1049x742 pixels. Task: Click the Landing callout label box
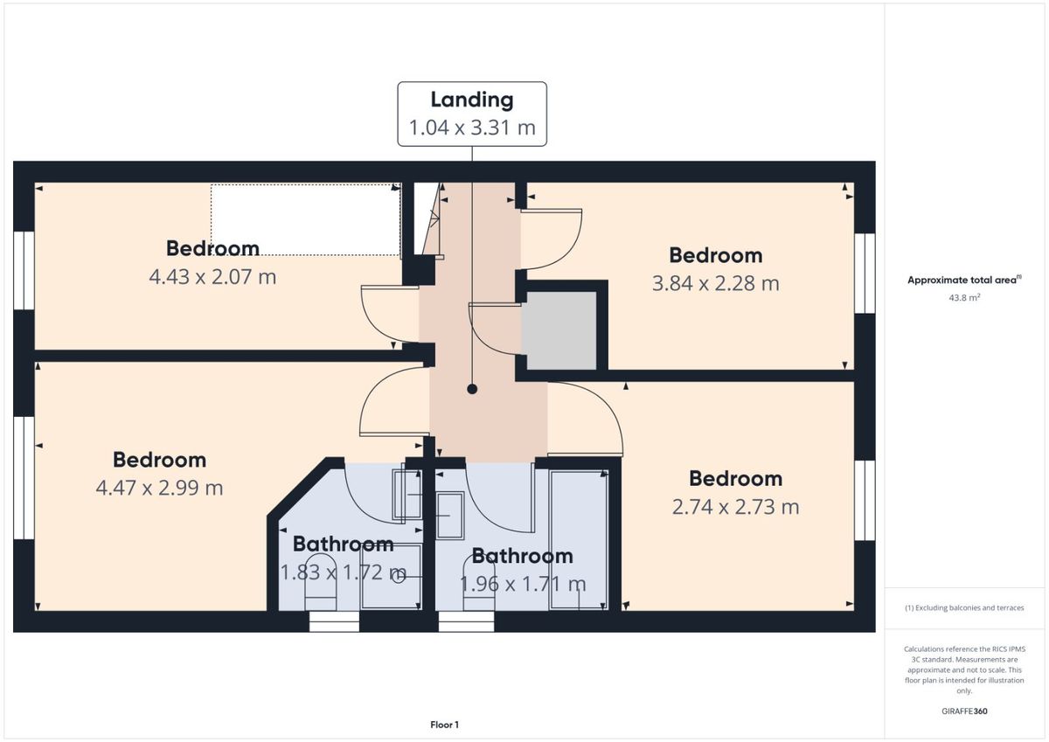[472, 114]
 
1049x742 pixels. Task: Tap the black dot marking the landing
[472, 389]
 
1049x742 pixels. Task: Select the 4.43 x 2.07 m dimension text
[212, 277]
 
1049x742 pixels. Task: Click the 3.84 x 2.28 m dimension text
[716, 283]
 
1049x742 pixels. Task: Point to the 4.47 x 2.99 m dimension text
[159, 488]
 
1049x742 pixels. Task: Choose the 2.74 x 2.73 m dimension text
[735, 507]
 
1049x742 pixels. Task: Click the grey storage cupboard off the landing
[559, 330]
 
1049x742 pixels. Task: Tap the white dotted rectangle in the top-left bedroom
[306, 219]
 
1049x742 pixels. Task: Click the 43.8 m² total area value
[964, 297]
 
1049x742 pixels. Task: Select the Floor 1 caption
[444, 725]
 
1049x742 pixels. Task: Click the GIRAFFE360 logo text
[964, 711]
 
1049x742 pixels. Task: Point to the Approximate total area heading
[964, 280]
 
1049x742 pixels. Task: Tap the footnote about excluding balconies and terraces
[964, 607]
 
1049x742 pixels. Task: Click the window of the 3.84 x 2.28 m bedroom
[865, 273]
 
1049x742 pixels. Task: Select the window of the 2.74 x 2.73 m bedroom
[865, 501]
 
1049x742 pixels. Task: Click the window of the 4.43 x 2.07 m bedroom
[24, 270]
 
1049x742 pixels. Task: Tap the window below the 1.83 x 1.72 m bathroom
[334, 621]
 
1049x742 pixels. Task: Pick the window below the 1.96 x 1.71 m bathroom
[466, 621]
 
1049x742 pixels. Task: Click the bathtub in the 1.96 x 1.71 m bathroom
[579, 540]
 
